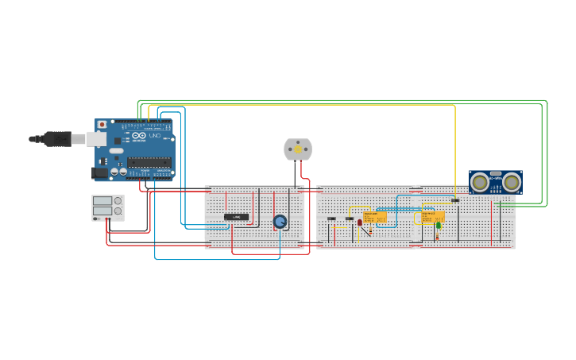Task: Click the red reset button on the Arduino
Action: click(101, 125)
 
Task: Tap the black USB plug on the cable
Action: click(56, 139)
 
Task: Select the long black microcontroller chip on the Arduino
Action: click(149, 162)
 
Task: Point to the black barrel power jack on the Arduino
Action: click(99, 172)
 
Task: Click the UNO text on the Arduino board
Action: click(156, 136)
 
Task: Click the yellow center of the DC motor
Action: click(298, 149)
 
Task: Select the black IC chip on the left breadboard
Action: click(236, 217)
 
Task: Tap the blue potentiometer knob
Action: click(280, 222)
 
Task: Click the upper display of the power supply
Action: click(102, 201)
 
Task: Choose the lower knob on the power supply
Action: click(118, 212)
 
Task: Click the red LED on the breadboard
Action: click(359, 223)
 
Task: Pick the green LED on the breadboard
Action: click(438, 225)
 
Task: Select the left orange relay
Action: click(375, 217)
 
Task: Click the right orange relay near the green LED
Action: click(429, 216)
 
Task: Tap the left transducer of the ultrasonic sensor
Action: click(480, 182)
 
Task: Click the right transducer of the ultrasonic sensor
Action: click(512, 182)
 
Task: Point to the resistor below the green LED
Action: click(437, 236)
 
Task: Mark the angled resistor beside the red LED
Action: click(367, 230)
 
